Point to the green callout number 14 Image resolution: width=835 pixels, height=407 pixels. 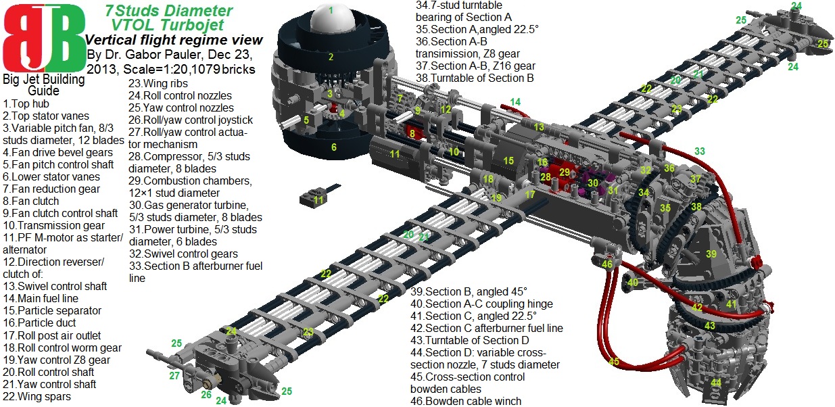tap(515, 102)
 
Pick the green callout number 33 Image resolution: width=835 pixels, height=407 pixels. tap(699, 151)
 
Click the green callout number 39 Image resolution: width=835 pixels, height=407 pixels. tap(711, 254)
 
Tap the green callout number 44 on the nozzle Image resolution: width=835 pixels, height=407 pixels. tap(715, 383)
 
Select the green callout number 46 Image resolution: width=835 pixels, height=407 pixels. tap(607, 264)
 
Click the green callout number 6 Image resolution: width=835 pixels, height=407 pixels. tap(333, 147)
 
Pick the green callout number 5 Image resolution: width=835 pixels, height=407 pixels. tap(306, 120)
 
